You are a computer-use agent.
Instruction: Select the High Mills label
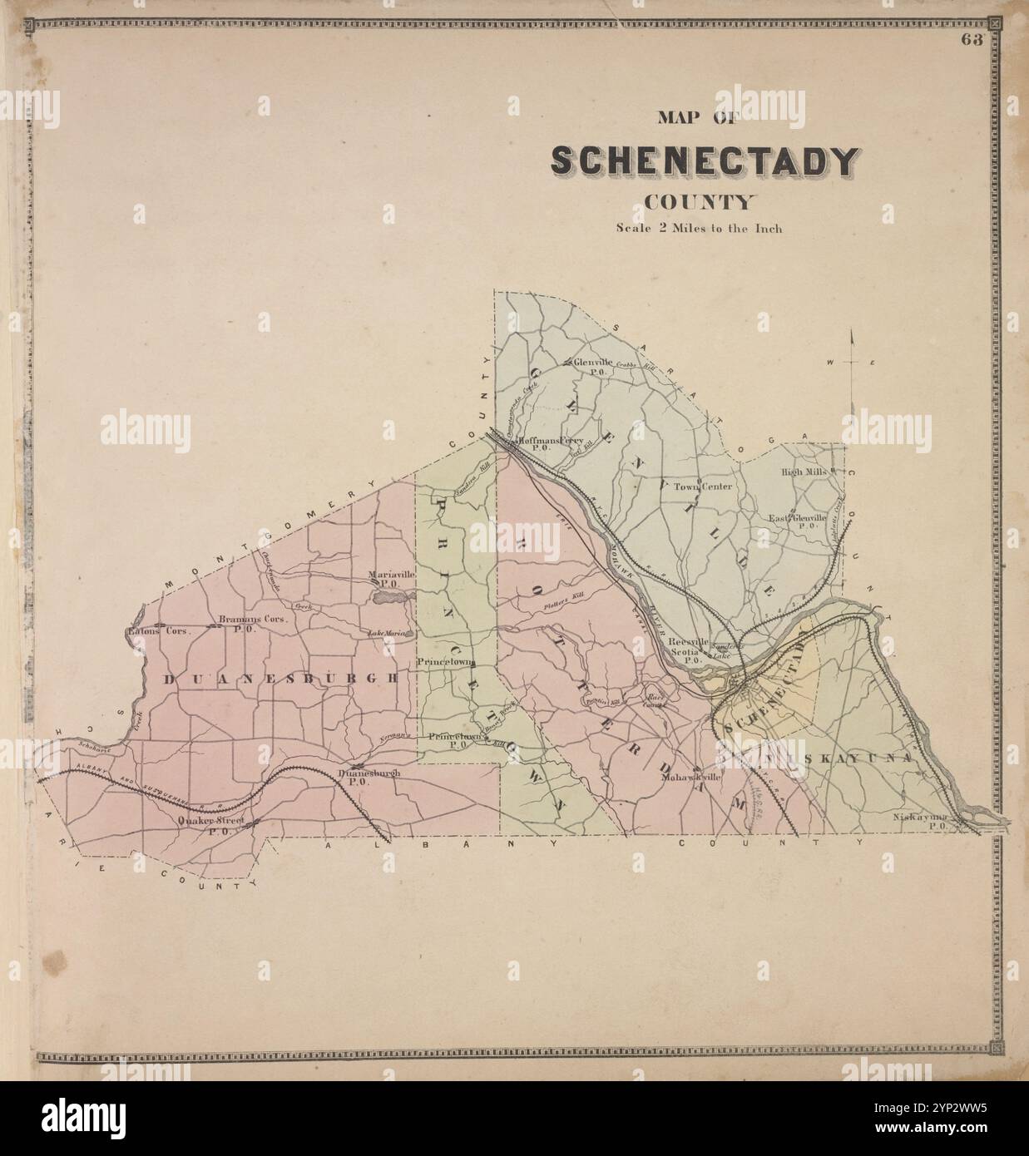coord(803,472)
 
